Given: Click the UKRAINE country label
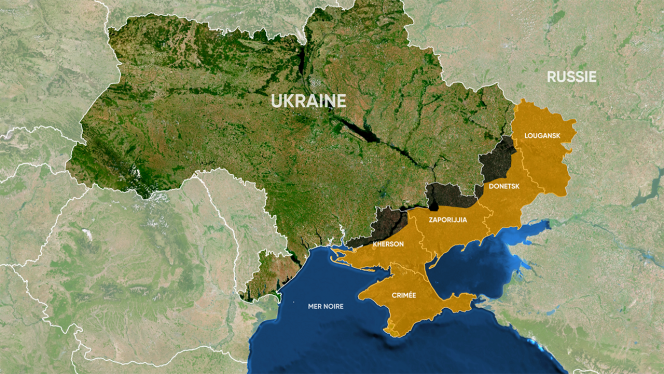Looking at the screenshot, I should pyautogui.click(x=308, y=101).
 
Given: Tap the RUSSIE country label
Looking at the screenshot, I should pyautogui.click(x=572, y=77).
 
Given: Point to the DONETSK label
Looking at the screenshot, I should pyautogui.click(x=503, y=187).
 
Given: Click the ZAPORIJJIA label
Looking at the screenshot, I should pyautogui.click(x=447, y=219).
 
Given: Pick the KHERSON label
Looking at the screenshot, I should pyautogui.click(x=387, y=244).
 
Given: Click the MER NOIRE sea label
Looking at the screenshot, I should pyautogui.click(x=326, y=306).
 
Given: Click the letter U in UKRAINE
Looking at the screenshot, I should pyautogui.click(x=276, y=101).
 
